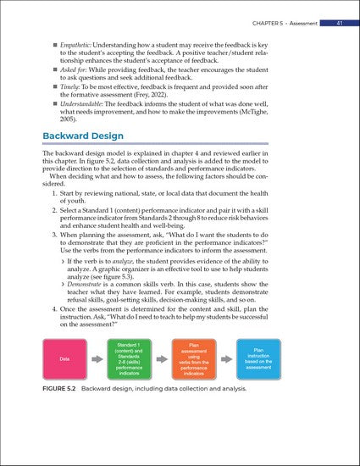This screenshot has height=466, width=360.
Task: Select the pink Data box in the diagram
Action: pos(65,358)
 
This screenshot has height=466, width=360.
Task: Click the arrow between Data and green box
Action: pos(97,358)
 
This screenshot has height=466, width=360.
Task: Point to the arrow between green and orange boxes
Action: pos(164,358)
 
